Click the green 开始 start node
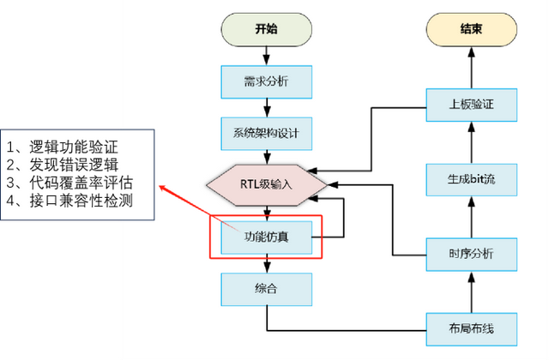click(266, 28)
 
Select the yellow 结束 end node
click(471, 28)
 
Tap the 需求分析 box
click(266, 81)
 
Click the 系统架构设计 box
click(266, 135)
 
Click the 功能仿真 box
click(266, 236)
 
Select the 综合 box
click(266, 288)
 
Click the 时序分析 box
click(471, 253)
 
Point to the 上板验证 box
click(471, 105)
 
